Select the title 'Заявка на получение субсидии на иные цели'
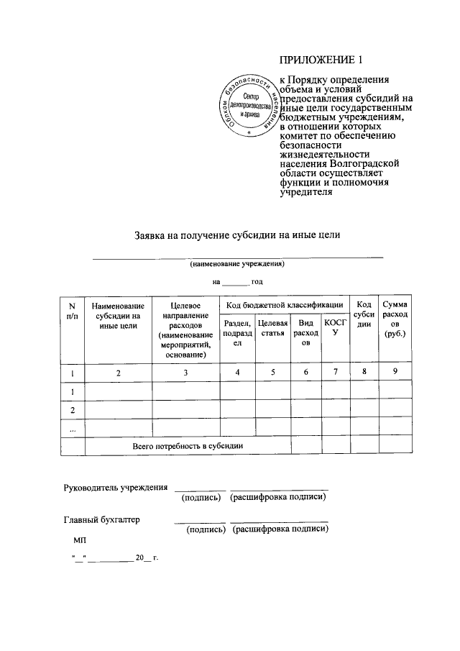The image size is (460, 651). point(237,235)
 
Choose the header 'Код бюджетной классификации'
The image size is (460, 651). point(284,306)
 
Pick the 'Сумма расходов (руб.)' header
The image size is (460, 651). point(395,319)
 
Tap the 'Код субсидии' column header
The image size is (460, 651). point(364,314)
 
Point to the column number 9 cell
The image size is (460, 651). point(395,371)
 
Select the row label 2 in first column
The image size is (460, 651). point(72,409)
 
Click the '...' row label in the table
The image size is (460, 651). point(72,427)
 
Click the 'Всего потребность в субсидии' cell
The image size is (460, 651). point(188,446)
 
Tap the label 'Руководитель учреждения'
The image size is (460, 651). point(116,488)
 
